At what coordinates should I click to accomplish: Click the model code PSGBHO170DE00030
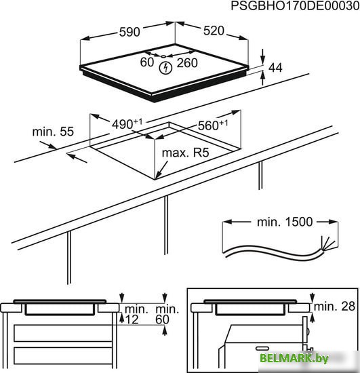[295, 5]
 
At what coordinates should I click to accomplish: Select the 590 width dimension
[129, 32]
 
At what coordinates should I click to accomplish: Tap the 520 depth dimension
[214, 31]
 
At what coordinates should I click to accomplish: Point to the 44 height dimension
[275, 68]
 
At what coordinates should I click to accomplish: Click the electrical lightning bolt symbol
[165, 68]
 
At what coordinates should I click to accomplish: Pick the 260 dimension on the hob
[187, 63]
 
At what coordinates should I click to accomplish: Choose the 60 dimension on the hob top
[147, 62]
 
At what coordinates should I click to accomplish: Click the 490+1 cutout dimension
[127, 123]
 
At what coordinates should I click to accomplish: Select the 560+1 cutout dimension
[213, 125]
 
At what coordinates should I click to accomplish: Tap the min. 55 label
[53, 132]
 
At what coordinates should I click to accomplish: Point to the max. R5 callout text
[185, 153]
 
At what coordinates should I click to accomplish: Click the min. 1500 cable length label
[285, 222]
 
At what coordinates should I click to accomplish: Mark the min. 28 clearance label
[334, 306]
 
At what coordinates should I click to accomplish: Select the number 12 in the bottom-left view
[132, 319]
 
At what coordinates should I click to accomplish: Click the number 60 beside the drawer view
[162, 319]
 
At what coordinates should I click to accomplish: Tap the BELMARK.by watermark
[294, 358]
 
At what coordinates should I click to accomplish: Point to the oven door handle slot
[262, 349]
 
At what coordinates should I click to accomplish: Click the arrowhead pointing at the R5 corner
[157, 176]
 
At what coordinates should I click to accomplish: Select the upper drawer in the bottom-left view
[63, 333]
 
